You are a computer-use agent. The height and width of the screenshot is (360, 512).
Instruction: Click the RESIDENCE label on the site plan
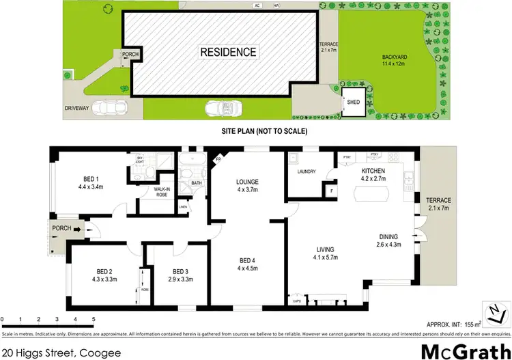pyautogui.click(x=228, y=51)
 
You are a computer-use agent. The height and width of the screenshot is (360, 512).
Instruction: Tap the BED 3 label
pyautogui.click(x=181, y=271)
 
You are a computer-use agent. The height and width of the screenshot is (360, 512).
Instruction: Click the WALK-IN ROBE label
pyautogui.click(x=162, y=192)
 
